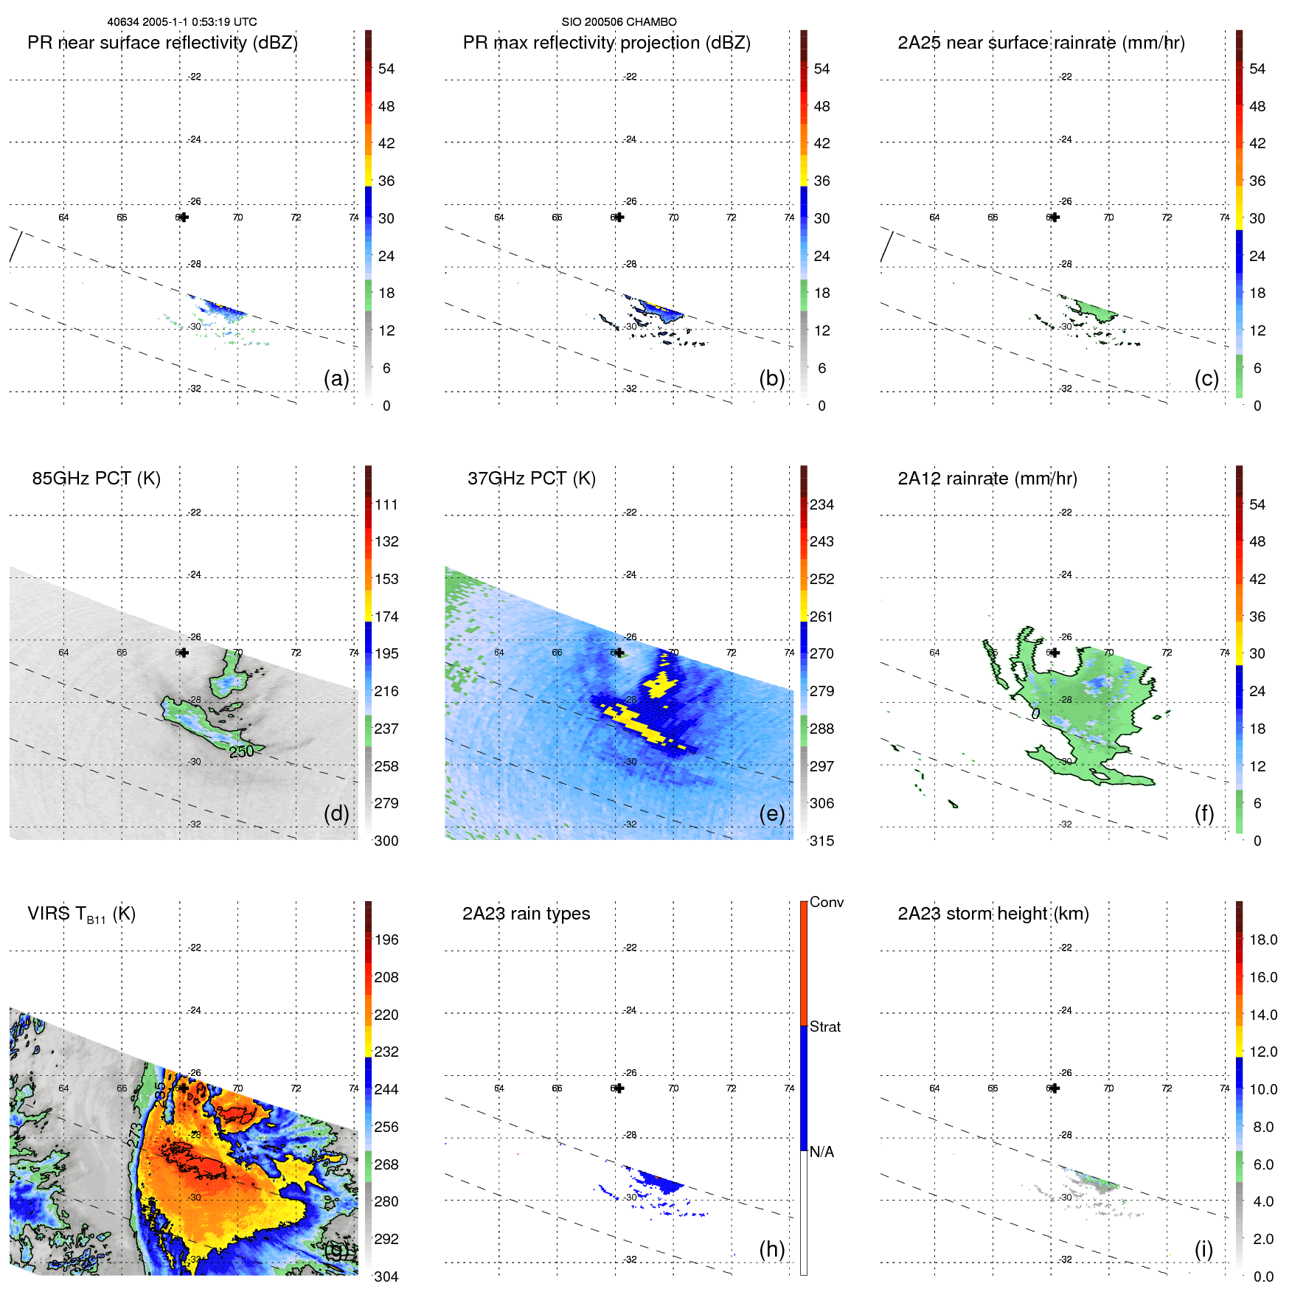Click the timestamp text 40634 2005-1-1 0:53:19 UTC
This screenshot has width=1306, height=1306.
(x=182, y=22)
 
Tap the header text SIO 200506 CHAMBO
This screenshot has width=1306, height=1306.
(x=619, y=22)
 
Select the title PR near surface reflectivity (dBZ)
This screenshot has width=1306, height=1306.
(x=162, y=43)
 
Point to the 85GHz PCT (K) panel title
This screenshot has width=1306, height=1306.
(x=96, y=479)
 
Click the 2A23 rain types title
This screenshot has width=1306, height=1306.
(x=526, y=914)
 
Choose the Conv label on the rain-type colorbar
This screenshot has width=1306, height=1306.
(x=826, y=902)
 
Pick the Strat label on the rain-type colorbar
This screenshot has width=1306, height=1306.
(x=824, y=1027)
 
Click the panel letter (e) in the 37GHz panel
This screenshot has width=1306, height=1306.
(x=771, y=813)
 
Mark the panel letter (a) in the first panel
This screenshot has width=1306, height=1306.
(x=336, y=378)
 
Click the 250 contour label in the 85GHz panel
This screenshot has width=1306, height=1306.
(x=241, y=751)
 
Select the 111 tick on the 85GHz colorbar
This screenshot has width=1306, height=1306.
(x=386, y=504)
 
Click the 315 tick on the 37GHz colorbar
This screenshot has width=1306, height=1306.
(x=822, y=841)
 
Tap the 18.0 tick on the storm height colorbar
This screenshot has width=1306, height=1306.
(x=1262, y=939)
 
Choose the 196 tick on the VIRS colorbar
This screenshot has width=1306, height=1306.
(x=386, y=939)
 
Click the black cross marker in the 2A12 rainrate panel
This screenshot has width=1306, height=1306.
(x=1055, y=653)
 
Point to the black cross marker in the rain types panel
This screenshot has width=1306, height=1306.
(x=619, y=1088)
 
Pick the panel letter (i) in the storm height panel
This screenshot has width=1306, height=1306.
(x=1203, y=1249)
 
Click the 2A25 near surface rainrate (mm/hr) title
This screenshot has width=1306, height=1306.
(x=1041, y=43)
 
